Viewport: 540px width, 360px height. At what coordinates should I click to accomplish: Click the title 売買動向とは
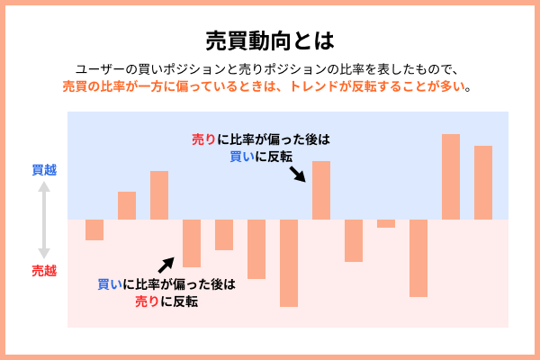tap(269, 40)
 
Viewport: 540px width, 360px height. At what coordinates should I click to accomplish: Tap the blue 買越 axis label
tap(44, 169)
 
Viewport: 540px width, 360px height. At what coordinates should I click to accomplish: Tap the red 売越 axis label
tap(44, 270)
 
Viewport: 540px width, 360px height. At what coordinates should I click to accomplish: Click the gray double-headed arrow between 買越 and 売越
tap(43, 219)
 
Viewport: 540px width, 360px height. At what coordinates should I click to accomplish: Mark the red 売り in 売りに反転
tap(147, 301)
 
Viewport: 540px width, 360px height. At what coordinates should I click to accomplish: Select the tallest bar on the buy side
tap(451, 176)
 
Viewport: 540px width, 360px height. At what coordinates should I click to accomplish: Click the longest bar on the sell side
tap(289, 263)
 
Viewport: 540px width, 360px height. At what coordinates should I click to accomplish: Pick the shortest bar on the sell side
tap(386, 223)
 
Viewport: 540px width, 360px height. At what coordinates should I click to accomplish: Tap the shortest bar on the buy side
tap(127, 205)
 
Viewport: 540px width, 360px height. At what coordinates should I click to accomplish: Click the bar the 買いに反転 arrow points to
tap(321, 190)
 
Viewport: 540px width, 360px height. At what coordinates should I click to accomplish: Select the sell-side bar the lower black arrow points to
tap(192, 243)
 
